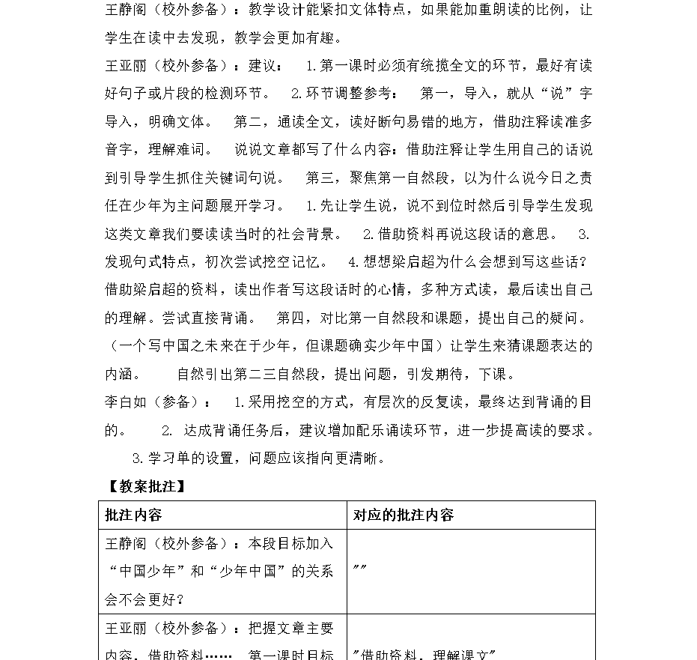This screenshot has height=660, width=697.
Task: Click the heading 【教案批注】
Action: [x=142, y=485]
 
